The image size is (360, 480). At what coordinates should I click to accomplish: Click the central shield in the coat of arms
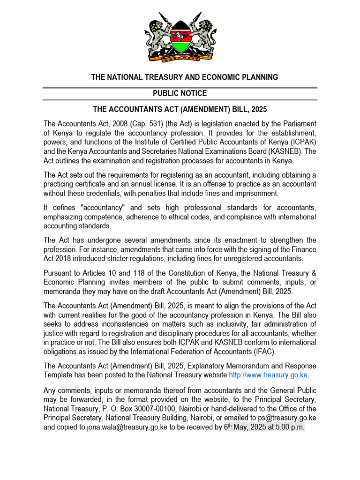(x=180, y=38)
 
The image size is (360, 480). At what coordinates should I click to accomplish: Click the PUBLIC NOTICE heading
(x=180, y=93)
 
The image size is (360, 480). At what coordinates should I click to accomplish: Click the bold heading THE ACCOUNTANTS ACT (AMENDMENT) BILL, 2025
(x=180, y=109)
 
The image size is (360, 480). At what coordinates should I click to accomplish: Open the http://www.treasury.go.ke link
(x=269, y=375)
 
